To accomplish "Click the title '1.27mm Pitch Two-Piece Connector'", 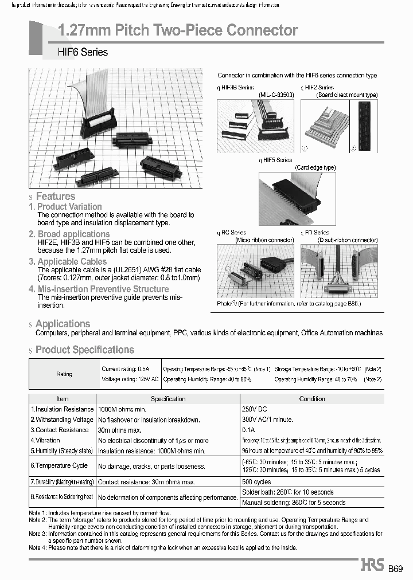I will (178, 30).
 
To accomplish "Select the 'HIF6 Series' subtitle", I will (83, 52).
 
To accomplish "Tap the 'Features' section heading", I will (56, 197).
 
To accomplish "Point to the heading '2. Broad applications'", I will (69, 234).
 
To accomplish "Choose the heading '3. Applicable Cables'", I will (68, 261).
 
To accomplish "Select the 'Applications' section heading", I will (63, 324).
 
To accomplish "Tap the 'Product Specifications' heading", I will (84, 350).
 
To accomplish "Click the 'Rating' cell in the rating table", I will (64, 374).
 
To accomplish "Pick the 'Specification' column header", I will (168, 399).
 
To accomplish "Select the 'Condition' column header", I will (312, 399).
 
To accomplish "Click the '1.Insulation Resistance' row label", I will (62, 409).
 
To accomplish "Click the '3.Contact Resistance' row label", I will (60, 430).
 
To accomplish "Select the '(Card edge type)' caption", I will (315, 167).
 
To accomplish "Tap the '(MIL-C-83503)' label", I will (276, 95).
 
